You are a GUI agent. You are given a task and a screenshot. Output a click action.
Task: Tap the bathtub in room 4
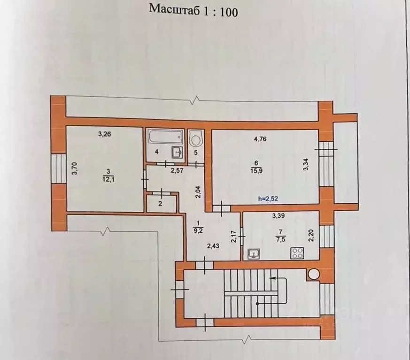(x=164, y=138)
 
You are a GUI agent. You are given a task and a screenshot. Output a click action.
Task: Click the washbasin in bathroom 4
(x=177, y=153)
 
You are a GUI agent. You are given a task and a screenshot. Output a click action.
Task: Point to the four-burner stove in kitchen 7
(x=297, y=253)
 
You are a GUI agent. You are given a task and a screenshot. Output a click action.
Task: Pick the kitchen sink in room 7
(x=255, y=254)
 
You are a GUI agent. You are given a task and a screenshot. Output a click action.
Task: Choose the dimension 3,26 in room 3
(x=104, y=134)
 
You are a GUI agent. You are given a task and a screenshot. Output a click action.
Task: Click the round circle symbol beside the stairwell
(x=314, y=273)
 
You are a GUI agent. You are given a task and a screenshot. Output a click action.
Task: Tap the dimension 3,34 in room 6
(x=306, y=164)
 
